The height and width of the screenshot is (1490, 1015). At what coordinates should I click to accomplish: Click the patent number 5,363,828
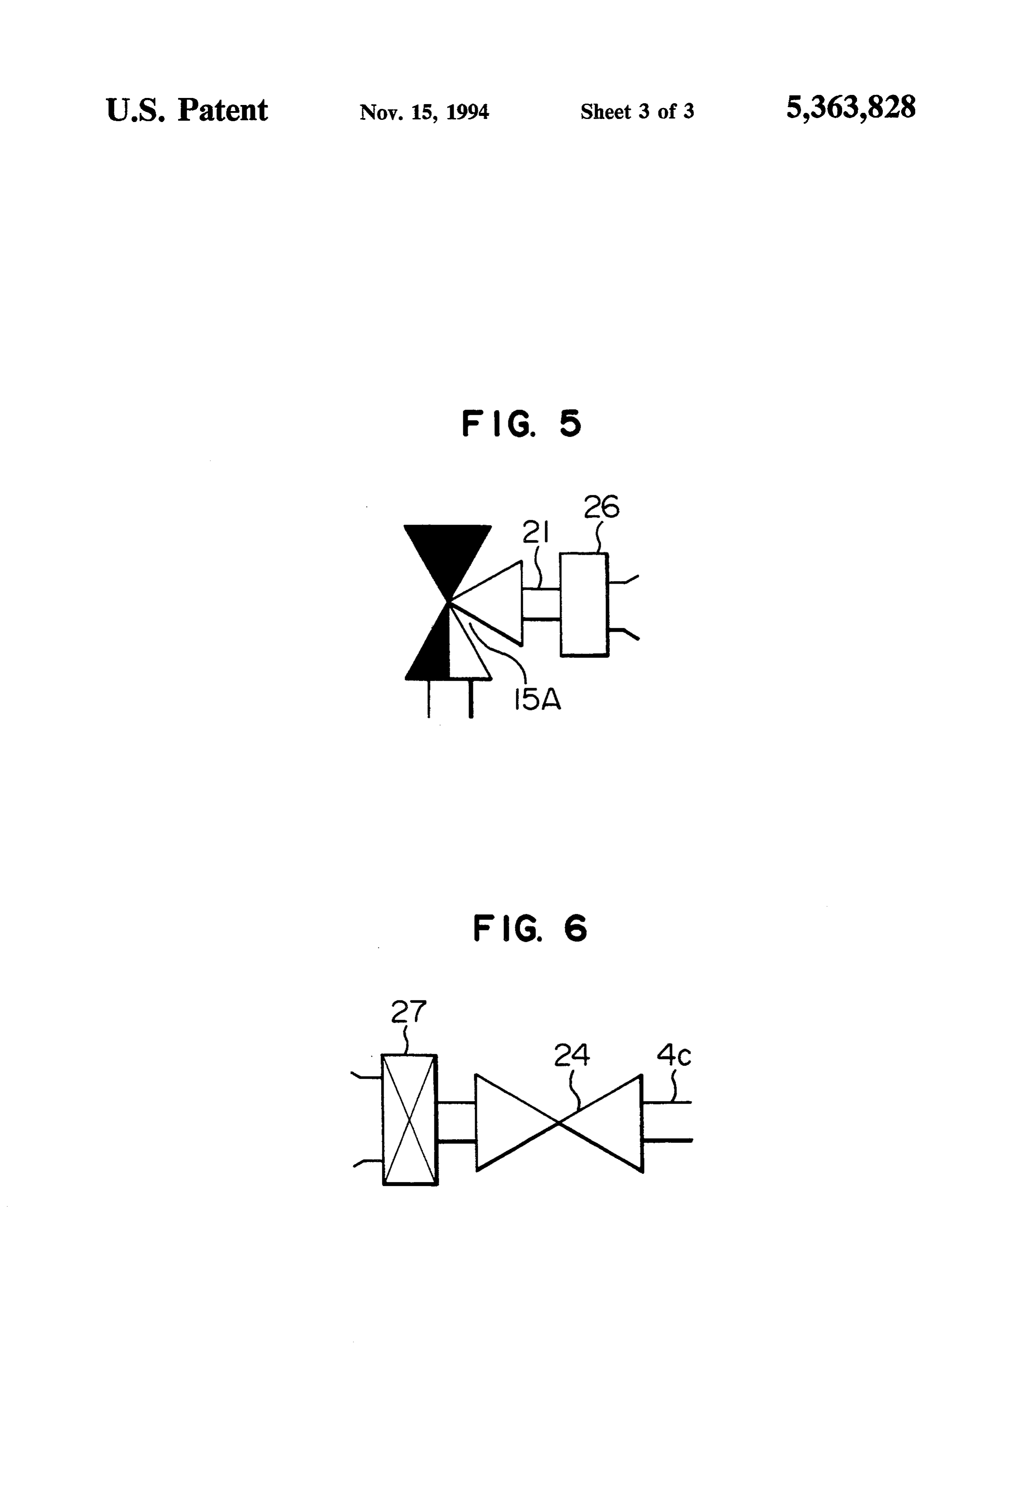(x=851, y=107)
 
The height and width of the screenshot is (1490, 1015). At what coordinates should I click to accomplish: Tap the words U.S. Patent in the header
(x=187, y=110)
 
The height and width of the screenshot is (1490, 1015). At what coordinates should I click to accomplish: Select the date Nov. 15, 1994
(x=424, y=112)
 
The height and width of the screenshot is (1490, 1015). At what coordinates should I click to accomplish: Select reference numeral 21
(x=536, y=532)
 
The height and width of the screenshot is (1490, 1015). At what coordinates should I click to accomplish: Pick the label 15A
(x=537, y=700)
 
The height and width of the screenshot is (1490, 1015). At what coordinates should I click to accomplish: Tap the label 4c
(x=674, y=1055)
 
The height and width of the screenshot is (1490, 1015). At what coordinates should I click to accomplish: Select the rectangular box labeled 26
(x=584, y=604)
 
